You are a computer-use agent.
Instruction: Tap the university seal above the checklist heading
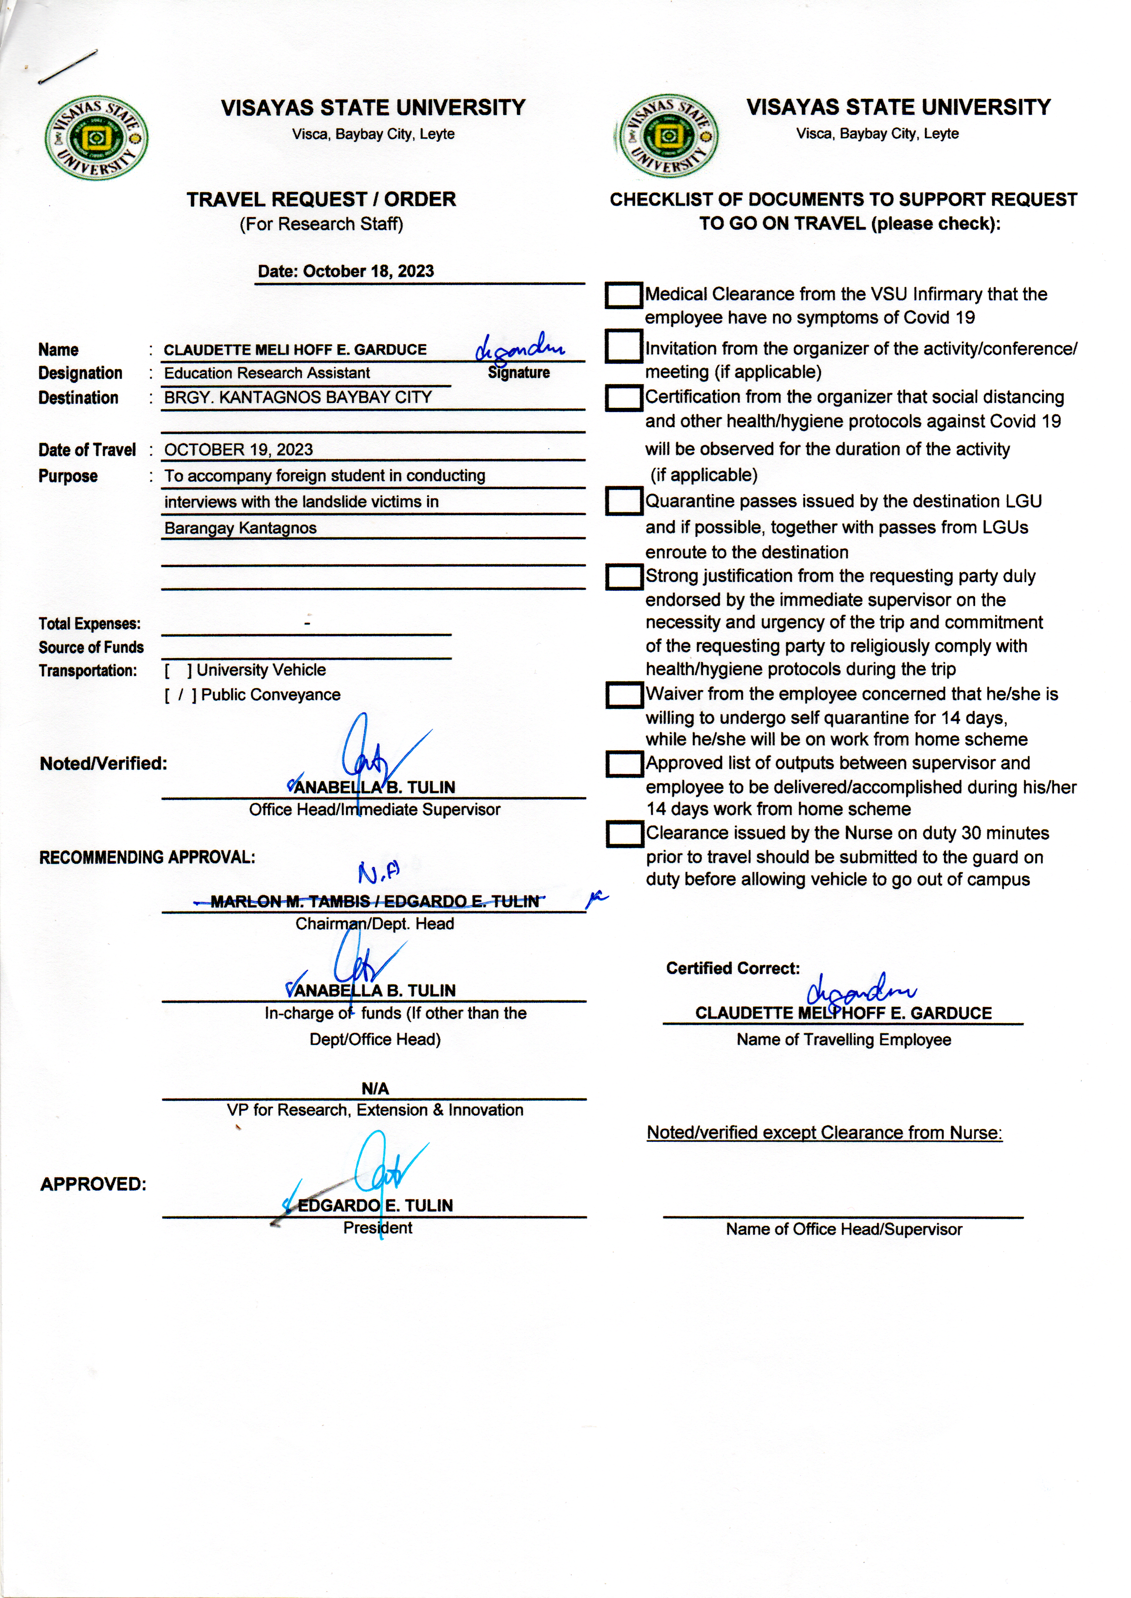(x=668, y=136)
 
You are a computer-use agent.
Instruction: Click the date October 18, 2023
(x=346, y=272)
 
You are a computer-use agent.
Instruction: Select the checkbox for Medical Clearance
(x=623, y=295)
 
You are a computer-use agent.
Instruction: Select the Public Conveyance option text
(x=271, y=695)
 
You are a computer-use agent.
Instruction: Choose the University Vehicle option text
(x=261, y=670)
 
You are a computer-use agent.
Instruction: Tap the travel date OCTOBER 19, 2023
(x=239, y=450)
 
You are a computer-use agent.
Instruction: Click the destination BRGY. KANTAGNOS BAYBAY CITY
(x=298, y=397)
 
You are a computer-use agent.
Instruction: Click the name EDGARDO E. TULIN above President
(x=375, y=1205)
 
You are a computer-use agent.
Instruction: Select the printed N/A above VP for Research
(x=375, y=1088)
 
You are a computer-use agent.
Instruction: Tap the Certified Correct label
(x=733, y=969)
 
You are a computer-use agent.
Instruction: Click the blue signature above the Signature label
(x=520, y=349)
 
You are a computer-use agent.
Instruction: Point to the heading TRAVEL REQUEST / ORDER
(x=321, y=200)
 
